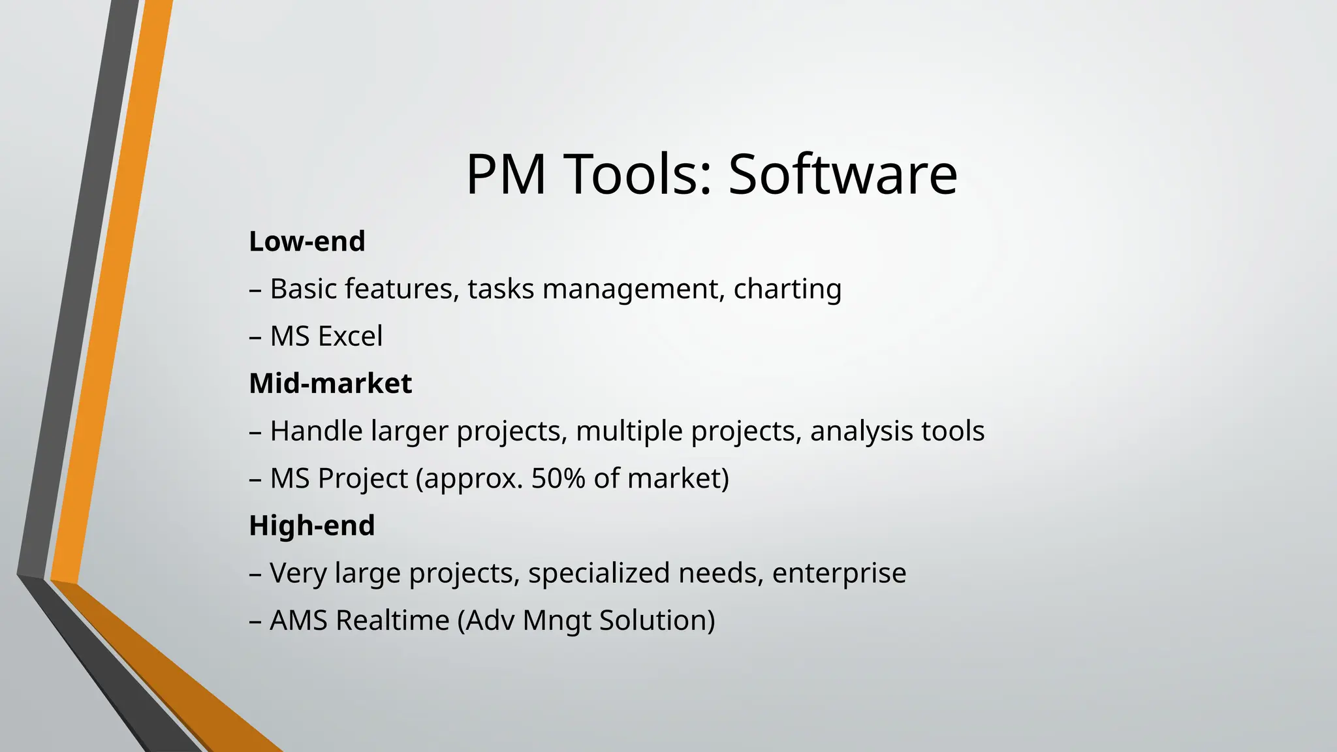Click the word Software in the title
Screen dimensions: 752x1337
(x=842, y=174)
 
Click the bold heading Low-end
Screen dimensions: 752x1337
(x=307, y=242)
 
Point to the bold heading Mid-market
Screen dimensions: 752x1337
(x=330, y=383)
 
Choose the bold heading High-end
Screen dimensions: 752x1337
(x=312, y=525)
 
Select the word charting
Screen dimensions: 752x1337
(x=787, y=289)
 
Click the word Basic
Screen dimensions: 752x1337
(x=303, y=289)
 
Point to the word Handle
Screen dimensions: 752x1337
(x=316, y=431)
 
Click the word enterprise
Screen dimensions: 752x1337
(x=839, y=573)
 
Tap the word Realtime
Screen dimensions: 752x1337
(x=392, y=620)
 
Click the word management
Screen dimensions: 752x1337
(x=630, y=289)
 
